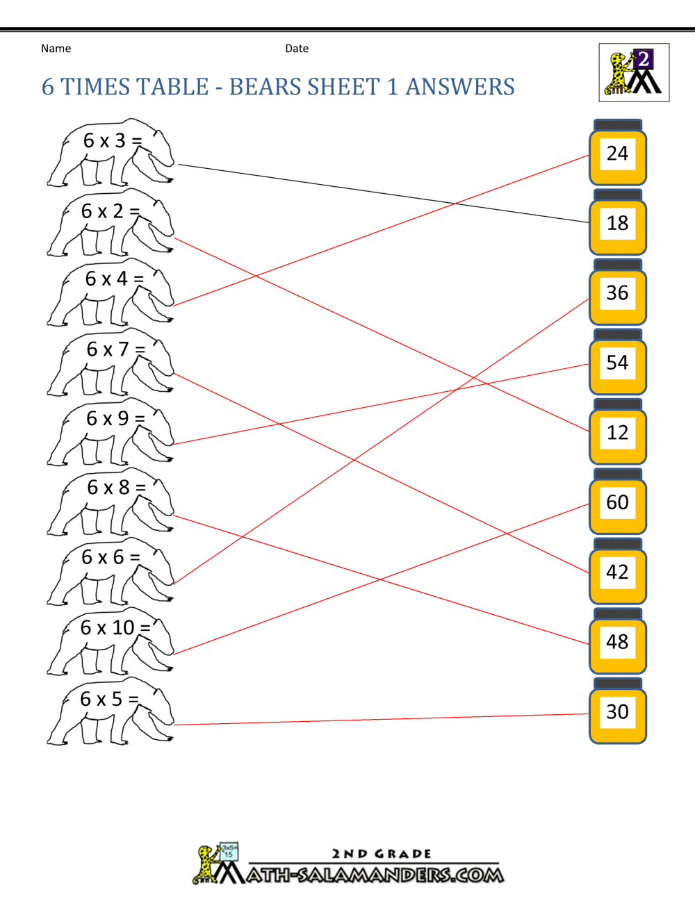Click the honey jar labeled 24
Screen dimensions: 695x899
618,152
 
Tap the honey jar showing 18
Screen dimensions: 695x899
618,222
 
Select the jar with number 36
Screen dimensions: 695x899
618,292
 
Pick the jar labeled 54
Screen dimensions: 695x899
618,362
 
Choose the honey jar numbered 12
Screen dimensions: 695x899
618,431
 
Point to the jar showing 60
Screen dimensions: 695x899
618,502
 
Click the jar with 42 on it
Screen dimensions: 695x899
618,571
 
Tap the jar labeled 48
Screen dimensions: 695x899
618,641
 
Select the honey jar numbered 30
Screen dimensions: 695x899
618,711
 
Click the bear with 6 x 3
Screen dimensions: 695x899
111,153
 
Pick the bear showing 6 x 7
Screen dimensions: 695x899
111,362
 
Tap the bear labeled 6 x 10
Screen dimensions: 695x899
111,641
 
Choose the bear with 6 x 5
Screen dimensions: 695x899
111,711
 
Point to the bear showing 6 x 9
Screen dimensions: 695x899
111,432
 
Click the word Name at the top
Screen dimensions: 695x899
56,49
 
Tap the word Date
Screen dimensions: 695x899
297,49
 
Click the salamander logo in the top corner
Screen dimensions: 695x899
634,72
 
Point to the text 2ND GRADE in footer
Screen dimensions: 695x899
382,853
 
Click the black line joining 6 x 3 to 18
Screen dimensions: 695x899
384,193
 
